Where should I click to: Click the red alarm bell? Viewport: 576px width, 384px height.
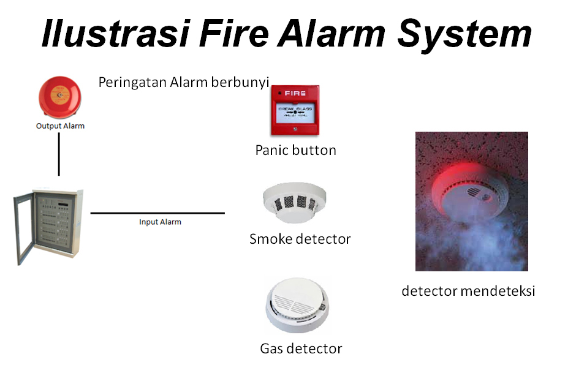(59, 97)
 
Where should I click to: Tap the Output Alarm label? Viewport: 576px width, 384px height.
(59, 126)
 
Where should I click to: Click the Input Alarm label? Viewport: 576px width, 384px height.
(160, 222)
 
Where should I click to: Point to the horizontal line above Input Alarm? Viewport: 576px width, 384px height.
(157, 213)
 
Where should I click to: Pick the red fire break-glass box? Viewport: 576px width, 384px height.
(295, 110)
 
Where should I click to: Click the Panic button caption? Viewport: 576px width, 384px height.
(295, 150)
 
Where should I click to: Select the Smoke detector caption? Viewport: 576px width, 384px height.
(300, 239)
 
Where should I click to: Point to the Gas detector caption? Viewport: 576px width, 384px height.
(301, 349)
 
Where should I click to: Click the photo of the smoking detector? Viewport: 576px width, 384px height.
(471, 201)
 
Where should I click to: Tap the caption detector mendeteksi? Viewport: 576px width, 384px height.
(468, 291)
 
